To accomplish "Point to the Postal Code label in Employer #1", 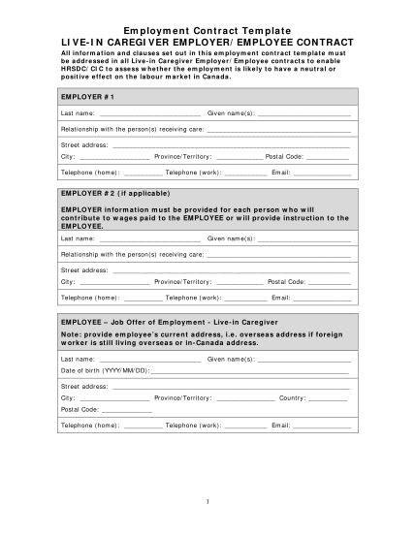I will tap(284, 156).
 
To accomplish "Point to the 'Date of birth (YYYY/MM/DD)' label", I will tap(104, 370).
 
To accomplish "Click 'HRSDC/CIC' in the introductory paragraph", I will tap(80, 71).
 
